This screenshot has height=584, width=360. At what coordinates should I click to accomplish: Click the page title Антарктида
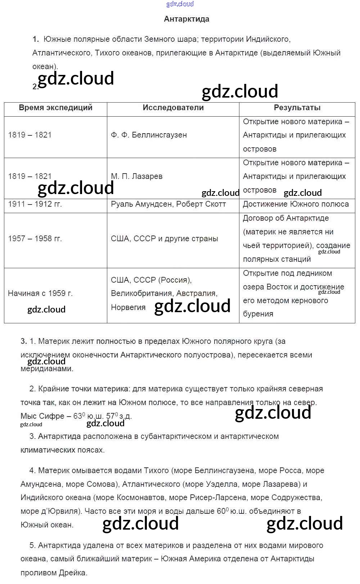(x=186, y=19)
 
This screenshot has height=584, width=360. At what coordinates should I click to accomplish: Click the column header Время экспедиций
(x=55, y=108)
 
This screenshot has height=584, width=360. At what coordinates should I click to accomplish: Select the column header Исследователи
(x=173, y=108)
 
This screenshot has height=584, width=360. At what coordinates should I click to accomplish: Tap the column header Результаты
(x=297, y=108)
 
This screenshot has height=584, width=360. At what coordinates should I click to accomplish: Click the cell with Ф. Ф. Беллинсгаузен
(x=149, y=135)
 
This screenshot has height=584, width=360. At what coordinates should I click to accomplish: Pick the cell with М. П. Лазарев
(x=136, y=176)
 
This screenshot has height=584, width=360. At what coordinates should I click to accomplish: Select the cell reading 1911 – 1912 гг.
(x=35, y=204)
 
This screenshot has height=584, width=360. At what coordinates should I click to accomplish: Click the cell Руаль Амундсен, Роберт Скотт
(x=168, y=204)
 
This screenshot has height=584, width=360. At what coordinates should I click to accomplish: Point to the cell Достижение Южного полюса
(x=296, y=204)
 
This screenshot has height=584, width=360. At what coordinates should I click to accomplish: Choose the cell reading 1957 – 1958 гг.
(x=35, y=239)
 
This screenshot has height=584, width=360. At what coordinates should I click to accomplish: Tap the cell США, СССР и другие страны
(x=164, y=239)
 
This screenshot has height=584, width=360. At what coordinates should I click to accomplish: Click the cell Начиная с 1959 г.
(x=40, y=293)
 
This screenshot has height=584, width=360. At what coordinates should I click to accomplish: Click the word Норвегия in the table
(x=128, y=307)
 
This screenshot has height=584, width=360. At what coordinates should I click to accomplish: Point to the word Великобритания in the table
(x=141, y=293)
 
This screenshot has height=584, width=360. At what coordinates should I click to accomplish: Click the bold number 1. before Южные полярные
(x=35, y=39)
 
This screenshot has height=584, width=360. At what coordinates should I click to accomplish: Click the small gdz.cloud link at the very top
(x=180, y=4)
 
